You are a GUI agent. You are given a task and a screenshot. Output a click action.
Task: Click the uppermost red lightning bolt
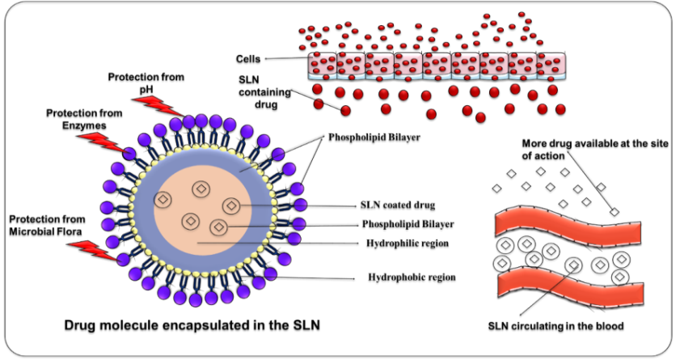157,105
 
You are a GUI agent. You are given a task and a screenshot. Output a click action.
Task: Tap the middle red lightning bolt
103,143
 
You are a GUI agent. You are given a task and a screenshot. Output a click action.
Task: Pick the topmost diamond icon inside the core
201,189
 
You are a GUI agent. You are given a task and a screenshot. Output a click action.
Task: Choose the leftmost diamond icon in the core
163,199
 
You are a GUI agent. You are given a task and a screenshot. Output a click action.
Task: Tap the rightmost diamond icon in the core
231,206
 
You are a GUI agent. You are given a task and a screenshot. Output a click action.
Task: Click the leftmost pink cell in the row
323,66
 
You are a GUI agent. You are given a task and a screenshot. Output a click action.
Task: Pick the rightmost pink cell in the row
551,66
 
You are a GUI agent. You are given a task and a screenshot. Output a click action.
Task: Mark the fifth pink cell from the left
437,66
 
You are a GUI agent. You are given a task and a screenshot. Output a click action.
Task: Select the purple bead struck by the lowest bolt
122,260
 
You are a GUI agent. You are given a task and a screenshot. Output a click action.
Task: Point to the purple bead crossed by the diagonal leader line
278,154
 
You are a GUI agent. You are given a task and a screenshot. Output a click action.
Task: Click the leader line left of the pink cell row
286,58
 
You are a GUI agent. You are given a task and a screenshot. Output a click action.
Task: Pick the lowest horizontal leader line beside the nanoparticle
315,278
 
